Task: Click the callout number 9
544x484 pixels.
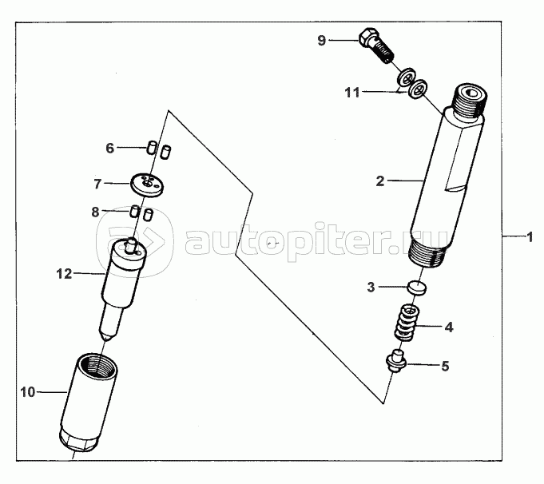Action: point(322,41)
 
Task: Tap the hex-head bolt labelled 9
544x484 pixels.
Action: point(375,46)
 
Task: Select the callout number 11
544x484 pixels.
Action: point(352,93)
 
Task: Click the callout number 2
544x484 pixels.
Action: point(380,181)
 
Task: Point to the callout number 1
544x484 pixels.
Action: point(530,237)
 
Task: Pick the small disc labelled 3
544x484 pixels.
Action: point(417,288)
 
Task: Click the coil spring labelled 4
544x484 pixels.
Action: point(406,323)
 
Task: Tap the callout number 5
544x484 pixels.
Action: point(445,366)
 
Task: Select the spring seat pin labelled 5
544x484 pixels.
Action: point(396,362)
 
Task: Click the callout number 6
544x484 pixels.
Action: point(109,148)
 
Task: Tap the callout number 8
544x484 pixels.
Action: point(95,212)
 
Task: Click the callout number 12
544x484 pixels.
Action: point(64,274)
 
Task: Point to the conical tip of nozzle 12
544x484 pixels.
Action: point(108,336)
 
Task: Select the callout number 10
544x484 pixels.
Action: point(28,392)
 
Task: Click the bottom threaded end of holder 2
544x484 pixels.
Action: point(427,254)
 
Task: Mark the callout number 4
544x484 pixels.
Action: point(449,327)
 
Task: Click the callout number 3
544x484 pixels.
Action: point(371,288)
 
